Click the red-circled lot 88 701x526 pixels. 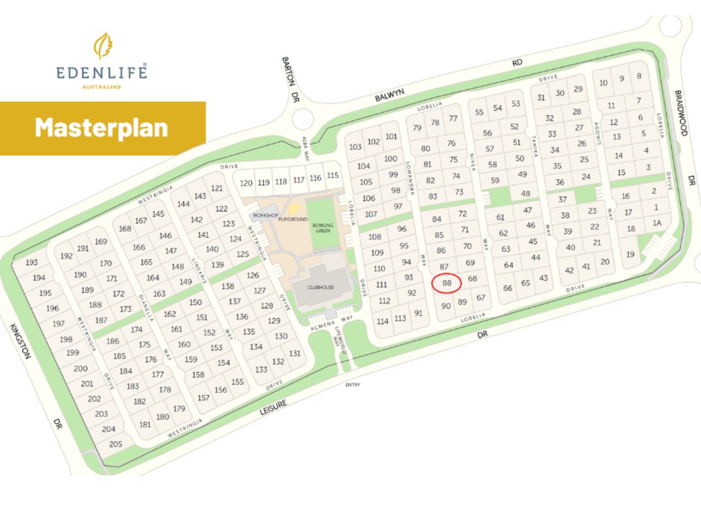point(447,283)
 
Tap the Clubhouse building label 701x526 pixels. point(320,287)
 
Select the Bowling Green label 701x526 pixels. point(323,228)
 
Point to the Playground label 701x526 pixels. point(293,219)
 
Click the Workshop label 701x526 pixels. point(266,215)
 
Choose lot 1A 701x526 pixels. point(657,223)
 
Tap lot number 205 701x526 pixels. point(116,444)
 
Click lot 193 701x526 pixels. point(31,262)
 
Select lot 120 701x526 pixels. point(246,183)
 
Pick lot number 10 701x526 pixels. point(603,83)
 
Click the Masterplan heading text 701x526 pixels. point(101,128)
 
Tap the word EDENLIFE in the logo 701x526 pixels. point(101,72)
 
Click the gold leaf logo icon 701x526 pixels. point(102,46)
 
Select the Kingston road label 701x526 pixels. point(20,340)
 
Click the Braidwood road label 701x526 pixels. point(681,113)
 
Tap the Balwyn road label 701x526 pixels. point(389,95)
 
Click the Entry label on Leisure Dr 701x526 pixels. point(353,385)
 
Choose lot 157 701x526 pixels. point(203,397)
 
